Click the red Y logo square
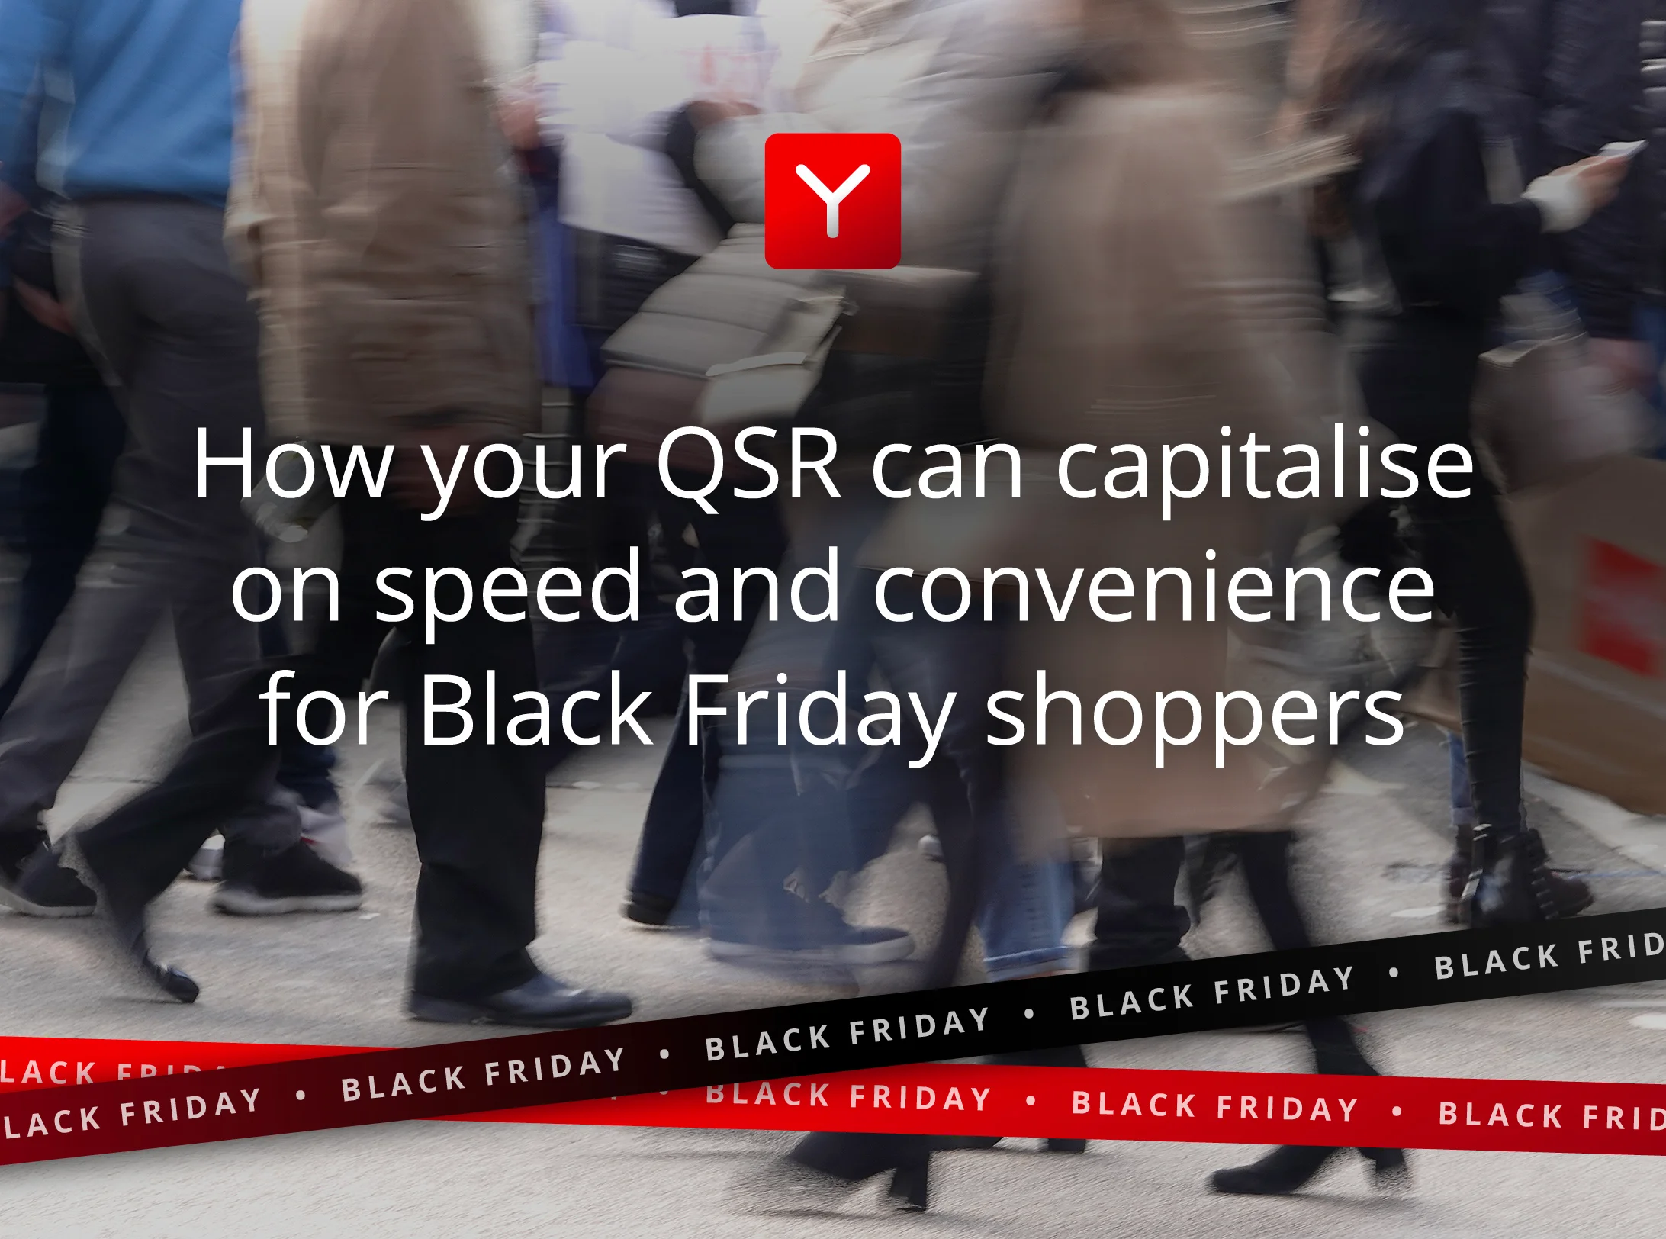(x=832, y=201)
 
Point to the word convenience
(x=1153, y=587)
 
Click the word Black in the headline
(x=536, y=710)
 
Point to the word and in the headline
(x=757, y=587)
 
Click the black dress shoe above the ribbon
(x=519, y=999)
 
